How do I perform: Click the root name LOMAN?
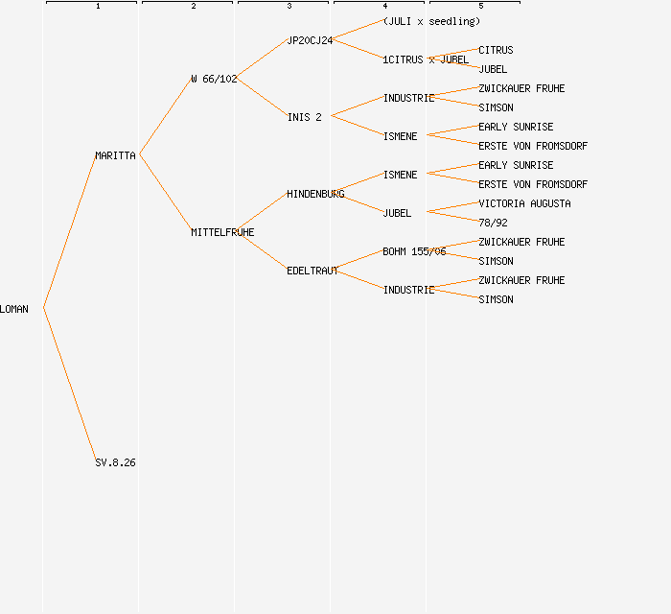click(14, 309)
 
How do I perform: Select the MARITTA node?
click(115, 155)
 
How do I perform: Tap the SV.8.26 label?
click(115, 462)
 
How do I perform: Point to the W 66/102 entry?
click(214, 79)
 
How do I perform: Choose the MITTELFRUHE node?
click(222, 232)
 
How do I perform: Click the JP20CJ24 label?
click(310, 40)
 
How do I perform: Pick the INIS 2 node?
click(305, 117)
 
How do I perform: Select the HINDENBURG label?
click(315, 194)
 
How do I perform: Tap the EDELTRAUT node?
click(312, 271)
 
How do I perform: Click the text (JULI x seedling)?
click(431, 21)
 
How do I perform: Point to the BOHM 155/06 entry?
click(414, 251)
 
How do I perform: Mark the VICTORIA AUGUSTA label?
click(524, 203)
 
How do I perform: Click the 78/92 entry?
click(493, 223)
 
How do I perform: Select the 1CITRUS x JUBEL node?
click(426, 59)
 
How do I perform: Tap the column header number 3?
click(289, 7)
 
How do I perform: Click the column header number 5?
click(480, 7)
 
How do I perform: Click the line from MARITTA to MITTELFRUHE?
click(165, 193)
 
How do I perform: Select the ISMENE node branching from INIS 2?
click(400, 136)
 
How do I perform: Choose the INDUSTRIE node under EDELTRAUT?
click(408, 290)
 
